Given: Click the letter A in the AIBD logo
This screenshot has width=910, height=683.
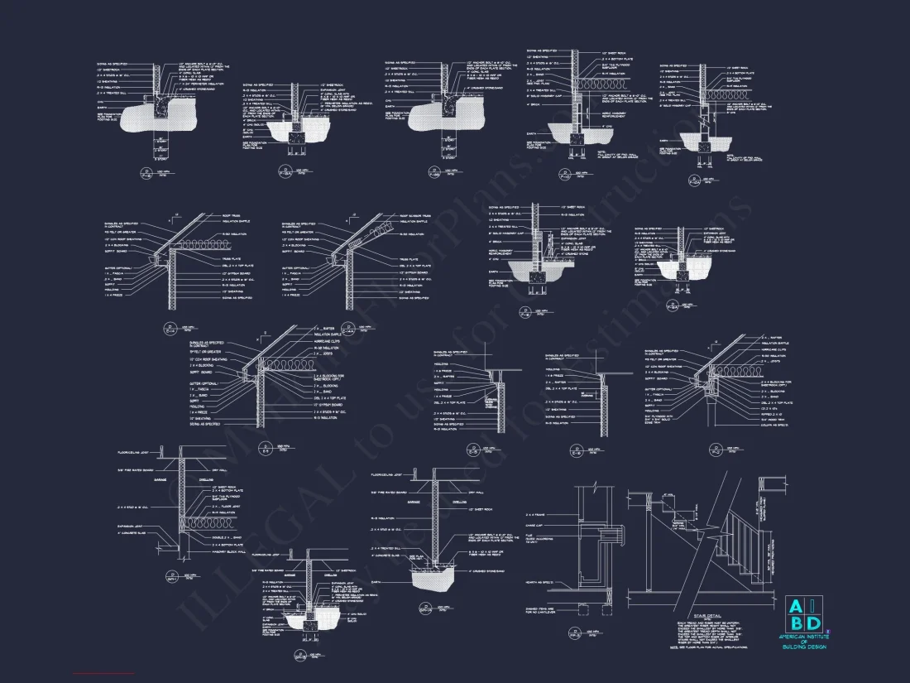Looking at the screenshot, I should pos(793,604).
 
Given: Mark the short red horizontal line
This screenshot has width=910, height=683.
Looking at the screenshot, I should pos(103,675).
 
